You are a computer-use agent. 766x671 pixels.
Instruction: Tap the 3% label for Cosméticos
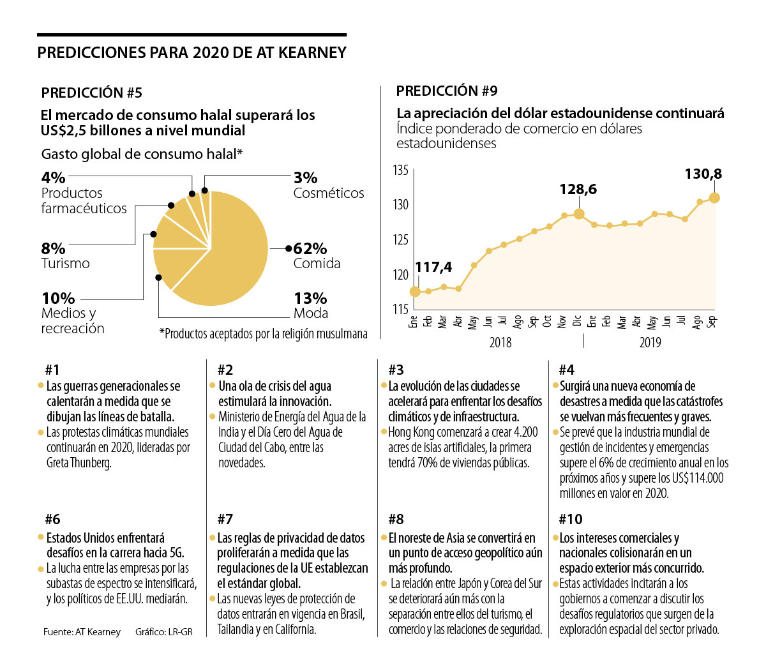point(305,177)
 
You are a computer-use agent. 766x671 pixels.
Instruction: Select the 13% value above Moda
point(310,298)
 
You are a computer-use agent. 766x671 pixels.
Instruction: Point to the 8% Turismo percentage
point(53,248)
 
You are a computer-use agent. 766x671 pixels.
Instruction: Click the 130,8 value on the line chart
point(703,174)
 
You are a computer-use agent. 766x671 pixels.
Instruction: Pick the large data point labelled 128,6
point(578,214)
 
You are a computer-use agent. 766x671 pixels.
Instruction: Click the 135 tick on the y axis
point(401,170)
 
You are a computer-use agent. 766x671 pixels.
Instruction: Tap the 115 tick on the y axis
point(401,310)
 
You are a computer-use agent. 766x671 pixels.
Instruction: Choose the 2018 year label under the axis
point(500,342)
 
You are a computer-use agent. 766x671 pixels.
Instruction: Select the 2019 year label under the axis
point(650,342)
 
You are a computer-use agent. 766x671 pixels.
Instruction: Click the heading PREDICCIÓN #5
point(91,93)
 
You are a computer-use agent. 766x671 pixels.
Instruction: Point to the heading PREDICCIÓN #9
point(446,91)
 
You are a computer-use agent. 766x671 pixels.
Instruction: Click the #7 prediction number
point(225,519)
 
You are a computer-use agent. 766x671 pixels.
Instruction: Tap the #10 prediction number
point(570,519)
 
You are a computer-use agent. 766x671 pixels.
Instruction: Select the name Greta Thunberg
point(79,463)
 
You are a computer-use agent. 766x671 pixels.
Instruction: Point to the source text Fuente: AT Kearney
point(82,632)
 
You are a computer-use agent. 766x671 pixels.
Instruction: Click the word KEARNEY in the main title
point(312,52)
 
